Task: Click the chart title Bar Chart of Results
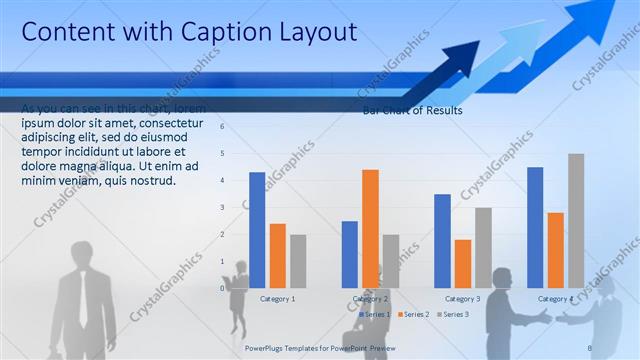[412, 111]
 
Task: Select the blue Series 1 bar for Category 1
[257, 230]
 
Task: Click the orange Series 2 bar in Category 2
[370, 228]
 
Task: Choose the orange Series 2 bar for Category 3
[462, 263]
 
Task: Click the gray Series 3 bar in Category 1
[298, 261]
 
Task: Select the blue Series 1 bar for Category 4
[535, 227]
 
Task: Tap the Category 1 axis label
[277, 299]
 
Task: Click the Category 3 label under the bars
[462, 299]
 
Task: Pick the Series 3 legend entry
[451, 314]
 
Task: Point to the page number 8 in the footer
[590, 346]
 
